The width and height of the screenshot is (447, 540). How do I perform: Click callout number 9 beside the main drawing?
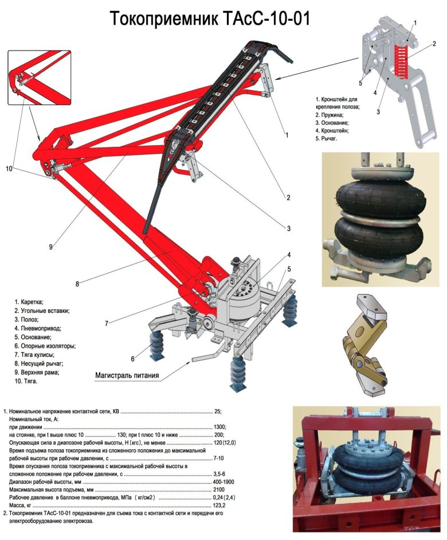point(50,247)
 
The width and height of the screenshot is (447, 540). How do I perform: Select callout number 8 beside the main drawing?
point(77,282)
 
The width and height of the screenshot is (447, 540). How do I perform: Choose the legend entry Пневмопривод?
point(40,328)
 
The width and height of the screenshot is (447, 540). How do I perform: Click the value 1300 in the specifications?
point(219,428)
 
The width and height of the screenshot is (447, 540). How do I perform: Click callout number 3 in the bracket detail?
point(379,112)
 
